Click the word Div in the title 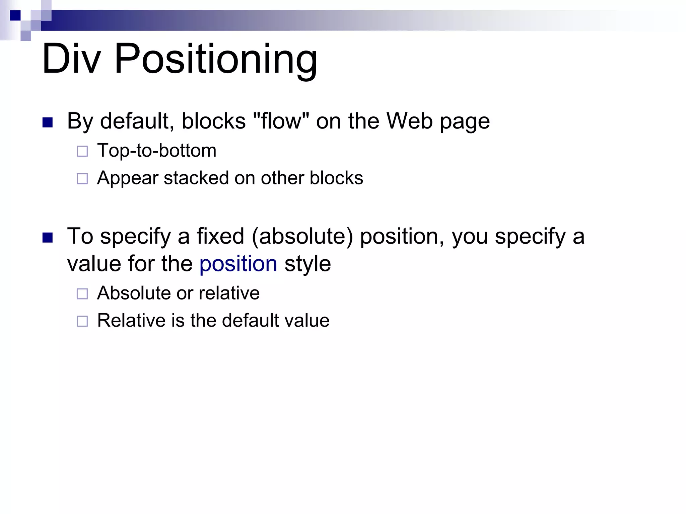[x=71, y=59]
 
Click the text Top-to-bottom [x=157, y=151]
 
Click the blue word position [x=238, y=264]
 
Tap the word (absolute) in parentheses [x=302, y=236]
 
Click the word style [x=307, y=264]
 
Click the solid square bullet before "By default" [x=48, y=122]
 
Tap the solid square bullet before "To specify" [x=48, y=238]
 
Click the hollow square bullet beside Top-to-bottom [x=82, y=152]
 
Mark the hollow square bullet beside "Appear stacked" [x=82, y=179]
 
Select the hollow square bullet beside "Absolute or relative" [x=82, y=294]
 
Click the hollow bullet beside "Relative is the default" [x=82, y=322]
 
